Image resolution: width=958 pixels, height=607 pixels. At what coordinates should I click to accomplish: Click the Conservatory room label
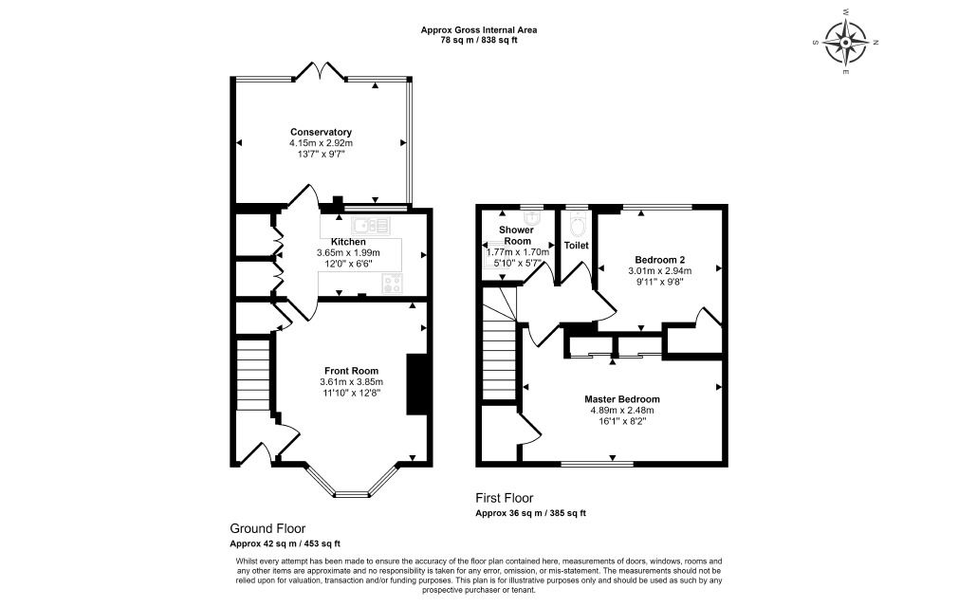point(321,132)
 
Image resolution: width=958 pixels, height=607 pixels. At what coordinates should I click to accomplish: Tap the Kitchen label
point(348,242)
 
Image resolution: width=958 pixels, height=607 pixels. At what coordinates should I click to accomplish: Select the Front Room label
point(351,371)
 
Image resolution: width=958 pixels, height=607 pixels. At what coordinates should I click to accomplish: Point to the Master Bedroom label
point(622,399)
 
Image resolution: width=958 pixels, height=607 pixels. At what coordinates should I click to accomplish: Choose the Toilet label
point(576,246)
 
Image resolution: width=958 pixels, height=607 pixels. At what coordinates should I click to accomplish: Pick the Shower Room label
point(516,236)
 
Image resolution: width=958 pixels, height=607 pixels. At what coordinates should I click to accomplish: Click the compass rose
point(845,43)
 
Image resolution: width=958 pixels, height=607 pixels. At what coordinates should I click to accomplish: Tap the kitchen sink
point(370,226)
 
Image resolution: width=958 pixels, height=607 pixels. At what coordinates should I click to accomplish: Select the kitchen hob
point(393,284)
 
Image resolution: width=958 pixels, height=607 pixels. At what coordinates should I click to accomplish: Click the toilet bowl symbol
point(577,226)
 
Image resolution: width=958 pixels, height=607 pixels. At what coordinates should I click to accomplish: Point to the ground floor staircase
point(253,376)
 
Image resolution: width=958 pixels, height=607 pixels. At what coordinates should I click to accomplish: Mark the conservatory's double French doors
point(321,71)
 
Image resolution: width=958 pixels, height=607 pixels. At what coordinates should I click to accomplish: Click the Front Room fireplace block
point(416,385)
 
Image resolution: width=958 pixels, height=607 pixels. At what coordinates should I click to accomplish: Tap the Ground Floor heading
point(267,529)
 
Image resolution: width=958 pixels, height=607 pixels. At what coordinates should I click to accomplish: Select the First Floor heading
point(505,498)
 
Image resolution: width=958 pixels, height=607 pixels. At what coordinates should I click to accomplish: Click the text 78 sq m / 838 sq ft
point(479,40)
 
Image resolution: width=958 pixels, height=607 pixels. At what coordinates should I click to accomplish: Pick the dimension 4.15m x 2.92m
point(321,143)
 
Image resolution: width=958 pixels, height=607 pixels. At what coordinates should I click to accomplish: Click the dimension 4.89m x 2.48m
point(622,411)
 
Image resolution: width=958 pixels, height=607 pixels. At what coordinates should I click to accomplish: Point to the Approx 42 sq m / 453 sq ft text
point(286,543)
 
